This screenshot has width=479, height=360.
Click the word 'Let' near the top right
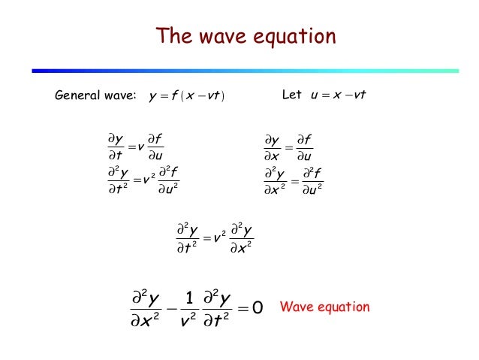[291, 95]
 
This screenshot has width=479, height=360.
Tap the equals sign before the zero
[241, 308]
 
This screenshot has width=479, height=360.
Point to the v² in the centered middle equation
[218, 240]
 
